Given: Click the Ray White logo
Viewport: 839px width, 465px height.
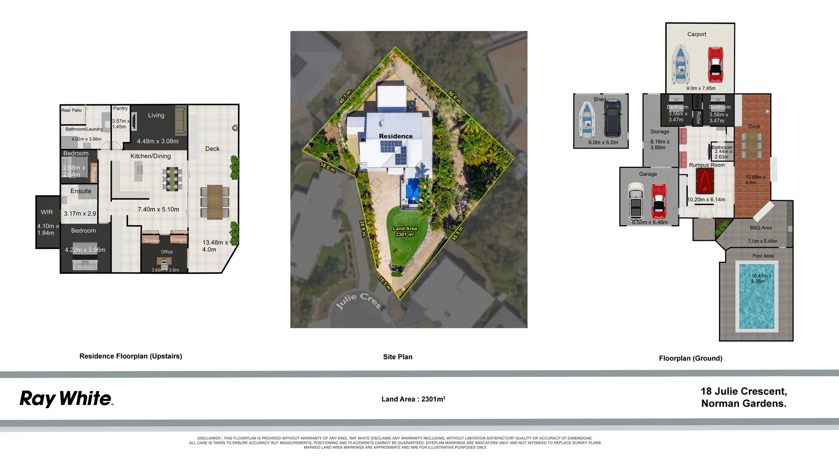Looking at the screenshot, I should click(66, 399).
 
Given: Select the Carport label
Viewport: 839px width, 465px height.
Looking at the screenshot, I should click(697, 34).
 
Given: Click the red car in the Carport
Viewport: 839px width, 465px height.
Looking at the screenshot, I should click(715, 65).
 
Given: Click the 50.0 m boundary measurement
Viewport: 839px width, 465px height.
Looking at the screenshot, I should click(454, 97).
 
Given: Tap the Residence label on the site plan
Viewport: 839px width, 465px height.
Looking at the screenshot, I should click(395, 136).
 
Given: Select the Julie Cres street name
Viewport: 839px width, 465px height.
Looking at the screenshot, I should click(359, 300).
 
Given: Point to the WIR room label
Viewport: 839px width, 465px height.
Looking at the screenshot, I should click(47, 212).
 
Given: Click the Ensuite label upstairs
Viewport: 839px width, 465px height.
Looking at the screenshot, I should click(81, 191).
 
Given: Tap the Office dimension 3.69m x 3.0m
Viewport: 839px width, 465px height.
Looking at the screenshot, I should click(165, 270).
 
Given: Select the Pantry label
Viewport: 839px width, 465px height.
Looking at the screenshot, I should click(120, 108).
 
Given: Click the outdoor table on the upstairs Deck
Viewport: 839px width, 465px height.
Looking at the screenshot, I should click(215, 202).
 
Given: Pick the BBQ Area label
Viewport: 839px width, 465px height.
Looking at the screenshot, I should click(760, 228).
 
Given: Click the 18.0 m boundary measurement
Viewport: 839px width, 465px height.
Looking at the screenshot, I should click(328, 168).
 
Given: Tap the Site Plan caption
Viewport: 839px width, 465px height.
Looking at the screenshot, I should click(398, 357).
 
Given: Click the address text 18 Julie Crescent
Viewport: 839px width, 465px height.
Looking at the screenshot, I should click(744, 392).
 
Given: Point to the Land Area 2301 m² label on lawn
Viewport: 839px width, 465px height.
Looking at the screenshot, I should click(405, 231).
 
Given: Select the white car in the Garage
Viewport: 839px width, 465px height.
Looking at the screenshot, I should click(636, 201).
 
